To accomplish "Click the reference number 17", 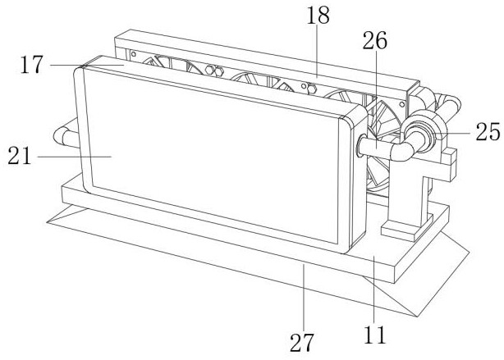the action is coord(31,65).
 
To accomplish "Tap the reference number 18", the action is coord(318,15).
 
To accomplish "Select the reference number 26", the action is coord(375,40).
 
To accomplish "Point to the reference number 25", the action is coord(488,132).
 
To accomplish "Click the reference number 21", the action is coord(20,156).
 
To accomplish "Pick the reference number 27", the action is coord(301,342).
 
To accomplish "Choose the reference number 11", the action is coord(374,335).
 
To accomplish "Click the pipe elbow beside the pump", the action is coord(401,150).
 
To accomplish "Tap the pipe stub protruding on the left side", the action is coord(65,134).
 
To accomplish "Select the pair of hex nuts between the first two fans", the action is coord(214,71).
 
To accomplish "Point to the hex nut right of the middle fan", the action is coord(312,88).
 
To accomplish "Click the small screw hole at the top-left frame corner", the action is coord(134,53).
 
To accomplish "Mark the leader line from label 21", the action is coord(75,157).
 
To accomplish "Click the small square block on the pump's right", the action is coord(449,157).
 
